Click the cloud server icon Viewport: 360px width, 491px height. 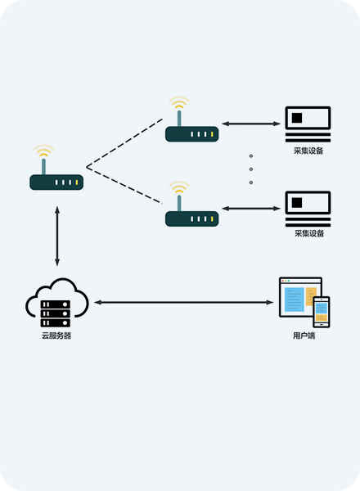tap(57, 303)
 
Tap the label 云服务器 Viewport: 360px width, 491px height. tap(56, 336)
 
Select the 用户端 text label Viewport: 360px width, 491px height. tap(304, 336)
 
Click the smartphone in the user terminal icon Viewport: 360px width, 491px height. tap(322, 312)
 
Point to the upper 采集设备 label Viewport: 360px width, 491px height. tap(308, 151)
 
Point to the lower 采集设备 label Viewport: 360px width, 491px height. tap(309, 233)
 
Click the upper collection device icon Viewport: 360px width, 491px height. tap(308, 124)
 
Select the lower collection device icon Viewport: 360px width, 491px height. tap(308, 209)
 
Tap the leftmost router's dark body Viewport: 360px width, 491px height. tap(56, 182)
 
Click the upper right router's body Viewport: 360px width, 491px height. tap(192, 134)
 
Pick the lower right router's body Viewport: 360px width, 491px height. tap(192, 218)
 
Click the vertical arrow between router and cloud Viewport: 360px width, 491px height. tap(57, 236)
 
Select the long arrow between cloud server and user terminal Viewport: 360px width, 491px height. tap(184, 302)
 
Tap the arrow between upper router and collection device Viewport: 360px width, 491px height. tap(251, 124)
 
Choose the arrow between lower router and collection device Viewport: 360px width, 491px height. tap(251, 208)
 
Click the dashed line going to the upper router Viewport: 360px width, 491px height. tap(124, 143)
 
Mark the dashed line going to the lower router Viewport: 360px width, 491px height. tap(124, 186)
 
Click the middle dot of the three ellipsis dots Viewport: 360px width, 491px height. tap(251, 169)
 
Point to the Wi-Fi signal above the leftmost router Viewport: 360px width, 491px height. tap(43, 151)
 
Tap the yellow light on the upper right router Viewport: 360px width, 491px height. tap(212, 134)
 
